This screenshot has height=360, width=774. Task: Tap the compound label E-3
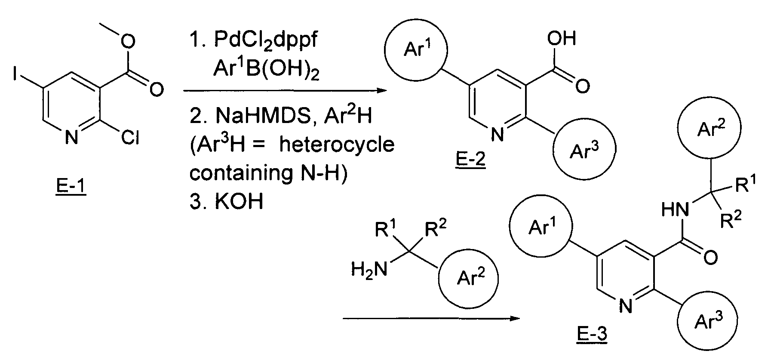point(592,334)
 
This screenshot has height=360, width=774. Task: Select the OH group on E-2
point(561,39)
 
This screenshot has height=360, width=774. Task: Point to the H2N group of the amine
point(369,270)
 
